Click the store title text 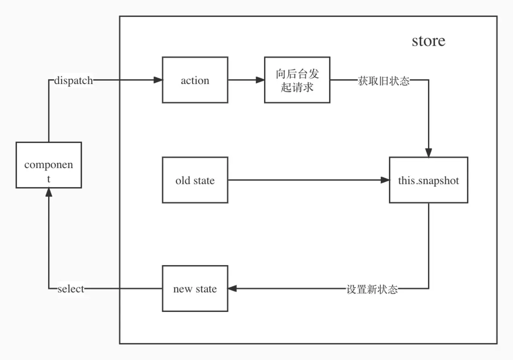[x=428, y=41]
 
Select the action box [x=195, y=80]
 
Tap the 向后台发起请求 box [x=297, y=80]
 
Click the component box [x=49, y=165]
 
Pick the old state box [x=195, y=180]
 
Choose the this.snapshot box [x=428, y=180]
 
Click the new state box [x=195, y=289]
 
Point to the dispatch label [x=73, y=80]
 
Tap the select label [x=71, y=289]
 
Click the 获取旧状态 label [x=384, y=80]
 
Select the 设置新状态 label [x=372, y=289]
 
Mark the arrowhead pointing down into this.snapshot [x=428, y=153]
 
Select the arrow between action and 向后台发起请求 [x=246, y=80]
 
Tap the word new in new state [x=183, y=289]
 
